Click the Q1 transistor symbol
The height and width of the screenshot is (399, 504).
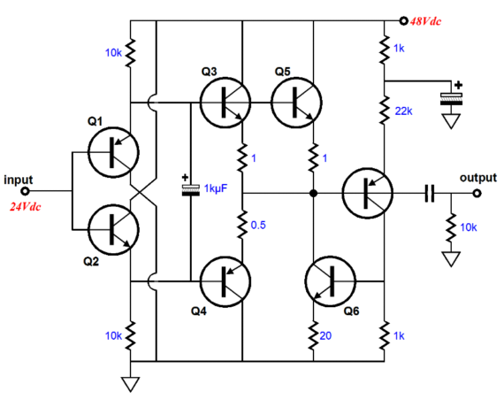point(113,152)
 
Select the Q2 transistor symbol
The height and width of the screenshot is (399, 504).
point(113,229)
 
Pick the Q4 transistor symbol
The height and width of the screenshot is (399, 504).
point(225,281)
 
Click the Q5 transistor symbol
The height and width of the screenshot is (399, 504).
point(296,103)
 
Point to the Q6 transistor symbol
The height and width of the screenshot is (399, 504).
point(331,281)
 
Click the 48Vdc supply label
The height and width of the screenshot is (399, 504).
point(425,21)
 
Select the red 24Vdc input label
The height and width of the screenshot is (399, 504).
point(25,206)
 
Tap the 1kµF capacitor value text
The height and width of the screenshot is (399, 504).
point(216,188)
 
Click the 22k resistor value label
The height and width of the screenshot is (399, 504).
point(403,111)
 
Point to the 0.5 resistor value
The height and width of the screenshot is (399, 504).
point(258,225)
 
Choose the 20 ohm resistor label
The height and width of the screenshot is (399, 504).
point(325,335)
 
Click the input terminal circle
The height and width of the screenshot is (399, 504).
point(25,191)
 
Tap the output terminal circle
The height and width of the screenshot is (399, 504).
point(477,193)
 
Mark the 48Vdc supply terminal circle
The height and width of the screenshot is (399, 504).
point(403,21)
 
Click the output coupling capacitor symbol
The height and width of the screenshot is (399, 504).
point(430,193)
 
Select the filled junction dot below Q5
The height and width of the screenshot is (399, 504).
point(313,193)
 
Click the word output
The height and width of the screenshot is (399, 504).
point(478,178)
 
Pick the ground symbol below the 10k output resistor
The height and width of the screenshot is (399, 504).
point(451,259)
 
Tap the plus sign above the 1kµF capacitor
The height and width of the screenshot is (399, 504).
point(185,177)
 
